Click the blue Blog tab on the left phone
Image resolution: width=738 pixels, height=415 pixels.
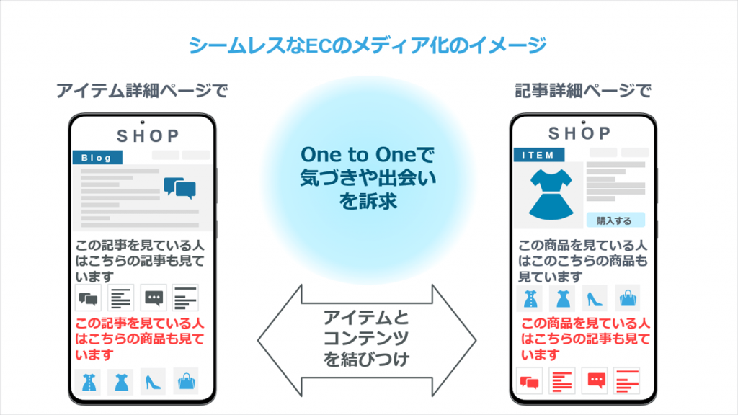tap(97, 157)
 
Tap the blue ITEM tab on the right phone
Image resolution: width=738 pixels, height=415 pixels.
tap(539, 155)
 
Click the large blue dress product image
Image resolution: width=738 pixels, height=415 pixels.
tap(551, 195)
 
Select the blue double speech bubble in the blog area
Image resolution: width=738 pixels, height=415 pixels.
tap(179, 188)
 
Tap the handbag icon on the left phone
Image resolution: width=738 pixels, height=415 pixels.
tap(187, 381)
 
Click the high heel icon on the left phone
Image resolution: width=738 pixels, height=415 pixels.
tap(153, 382)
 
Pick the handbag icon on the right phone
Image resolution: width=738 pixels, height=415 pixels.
tap(628, 298)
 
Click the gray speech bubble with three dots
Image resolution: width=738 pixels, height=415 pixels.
tap(154, 298)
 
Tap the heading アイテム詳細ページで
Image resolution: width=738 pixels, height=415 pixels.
tap(142, 90)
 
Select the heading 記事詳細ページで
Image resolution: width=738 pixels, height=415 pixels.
tap(583, 90)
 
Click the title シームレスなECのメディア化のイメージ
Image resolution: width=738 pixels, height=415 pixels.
tap(368, 45)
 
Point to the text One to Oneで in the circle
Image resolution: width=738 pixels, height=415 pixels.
tap(368, 155)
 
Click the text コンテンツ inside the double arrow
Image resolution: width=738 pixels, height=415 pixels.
tap(366, 339)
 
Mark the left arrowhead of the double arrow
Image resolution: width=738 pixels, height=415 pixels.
tap(258, 340)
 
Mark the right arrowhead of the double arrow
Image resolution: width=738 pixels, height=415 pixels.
tap(476, 340)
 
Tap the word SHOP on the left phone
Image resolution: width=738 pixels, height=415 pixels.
tap(148, 136)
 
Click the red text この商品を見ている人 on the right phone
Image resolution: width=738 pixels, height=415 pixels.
tap(585, 323)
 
